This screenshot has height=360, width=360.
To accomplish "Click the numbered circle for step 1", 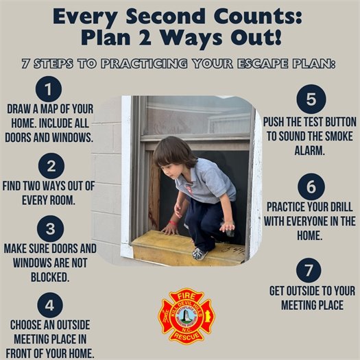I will pos(48,90).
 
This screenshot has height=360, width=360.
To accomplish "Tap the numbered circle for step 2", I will pos(51,166).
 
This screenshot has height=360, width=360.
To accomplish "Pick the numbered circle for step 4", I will pos(49,304).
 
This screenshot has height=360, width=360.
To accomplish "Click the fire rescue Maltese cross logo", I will pos(187,316).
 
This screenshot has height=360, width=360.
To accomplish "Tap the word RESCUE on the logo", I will pos(187,337).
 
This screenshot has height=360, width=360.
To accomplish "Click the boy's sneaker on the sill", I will pos(200,253).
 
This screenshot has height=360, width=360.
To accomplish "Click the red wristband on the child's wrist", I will pos(174,221).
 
